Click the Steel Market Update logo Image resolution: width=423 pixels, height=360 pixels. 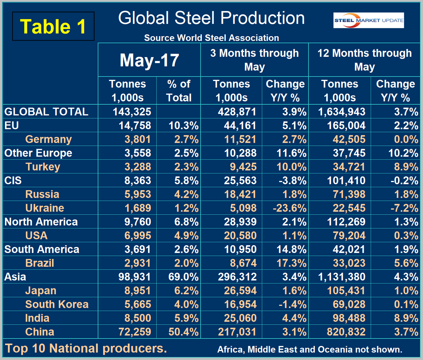[x=368, y=20]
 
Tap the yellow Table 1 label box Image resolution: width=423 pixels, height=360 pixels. [x=53, y=26]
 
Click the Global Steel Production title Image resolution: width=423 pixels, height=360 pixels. [x=211, y=18]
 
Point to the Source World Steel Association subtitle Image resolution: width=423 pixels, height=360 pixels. [x=211, y=38]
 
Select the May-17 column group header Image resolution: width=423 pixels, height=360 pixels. [x=149, y=60]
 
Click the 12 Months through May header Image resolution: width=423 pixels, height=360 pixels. [x=364, y=60]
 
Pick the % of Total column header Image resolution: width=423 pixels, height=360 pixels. [x=179, y=91]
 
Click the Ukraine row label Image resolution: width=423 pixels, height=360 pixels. [x=45, y=208]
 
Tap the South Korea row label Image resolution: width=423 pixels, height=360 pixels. [x=57, y=304]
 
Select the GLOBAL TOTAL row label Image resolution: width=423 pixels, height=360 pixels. [x=46, y=112]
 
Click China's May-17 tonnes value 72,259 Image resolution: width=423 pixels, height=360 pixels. [x=135, y=332]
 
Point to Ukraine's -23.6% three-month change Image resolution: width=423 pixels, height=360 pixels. [x=290, y=208]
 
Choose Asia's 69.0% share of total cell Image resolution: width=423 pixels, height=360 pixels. [x=183, y=277]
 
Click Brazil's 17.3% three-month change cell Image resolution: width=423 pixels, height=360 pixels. [x=291, y=263]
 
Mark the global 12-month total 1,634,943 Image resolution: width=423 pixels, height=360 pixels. [x=342, y=112]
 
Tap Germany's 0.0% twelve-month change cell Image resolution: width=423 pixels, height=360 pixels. [x=406, y=139]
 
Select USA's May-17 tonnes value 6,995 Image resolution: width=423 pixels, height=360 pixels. [x=138, y=235]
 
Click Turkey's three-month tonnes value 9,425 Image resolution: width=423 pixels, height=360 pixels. [x=243, y=167]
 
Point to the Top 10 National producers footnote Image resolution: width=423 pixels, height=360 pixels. [x=86, y=348]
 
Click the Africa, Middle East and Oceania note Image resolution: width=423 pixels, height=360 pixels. [x=310, y=349]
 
